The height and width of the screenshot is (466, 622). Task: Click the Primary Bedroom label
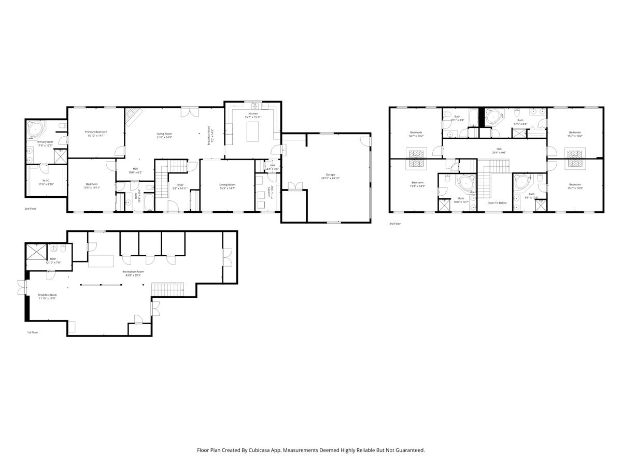96,134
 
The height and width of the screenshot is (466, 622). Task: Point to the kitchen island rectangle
252,133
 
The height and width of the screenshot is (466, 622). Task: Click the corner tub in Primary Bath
37,128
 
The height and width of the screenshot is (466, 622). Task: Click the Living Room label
164,135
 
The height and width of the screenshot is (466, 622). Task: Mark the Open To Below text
496,203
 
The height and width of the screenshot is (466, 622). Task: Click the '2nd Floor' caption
31,209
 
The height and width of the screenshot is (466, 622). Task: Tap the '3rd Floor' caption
395,224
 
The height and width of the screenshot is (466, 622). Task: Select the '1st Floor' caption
32,332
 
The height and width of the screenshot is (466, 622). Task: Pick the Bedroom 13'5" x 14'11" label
92,186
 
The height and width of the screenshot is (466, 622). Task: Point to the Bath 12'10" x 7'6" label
53,260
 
